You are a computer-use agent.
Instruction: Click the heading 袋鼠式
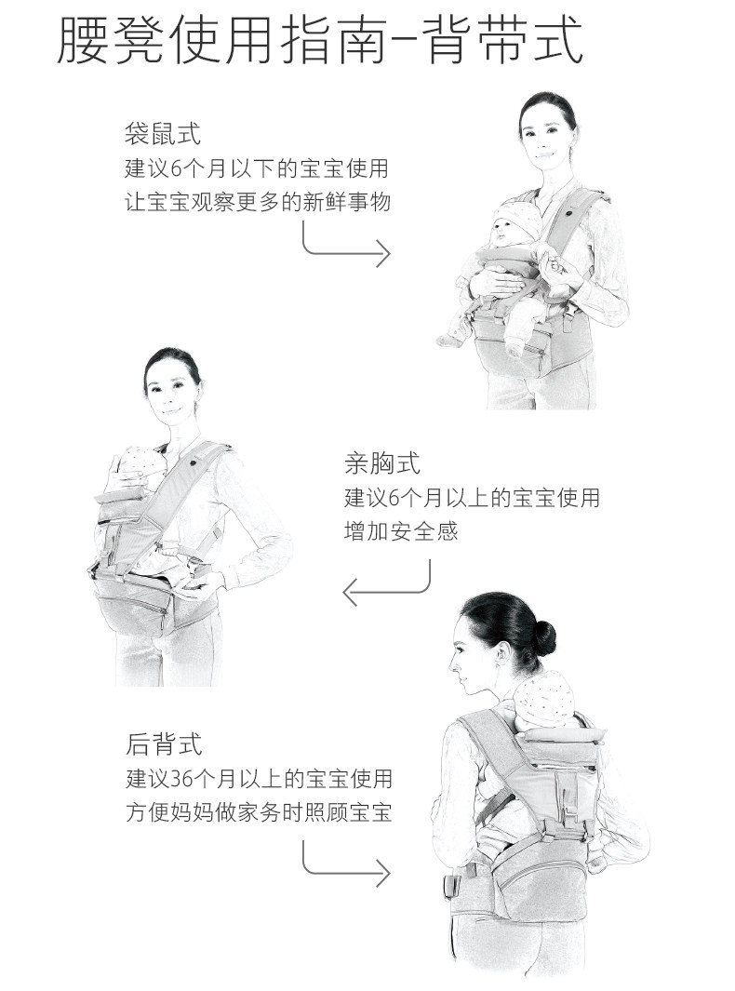163,134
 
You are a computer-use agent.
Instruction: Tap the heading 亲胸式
382,463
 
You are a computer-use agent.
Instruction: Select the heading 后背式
164,743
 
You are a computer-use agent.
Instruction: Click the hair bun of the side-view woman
544,637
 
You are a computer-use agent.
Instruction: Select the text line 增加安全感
401,531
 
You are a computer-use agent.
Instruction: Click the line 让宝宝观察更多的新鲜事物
257,202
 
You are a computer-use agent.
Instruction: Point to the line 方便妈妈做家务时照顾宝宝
259,812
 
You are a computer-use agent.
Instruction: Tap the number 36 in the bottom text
181,779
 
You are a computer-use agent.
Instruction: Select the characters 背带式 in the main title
503,40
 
